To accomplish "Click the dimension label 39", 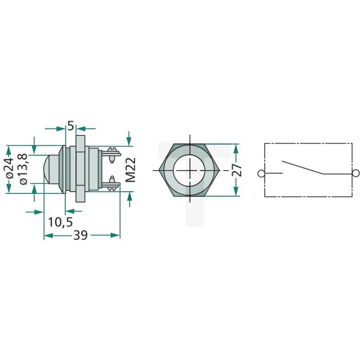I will [81, 235].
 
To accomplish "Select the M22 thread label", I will [130, 169].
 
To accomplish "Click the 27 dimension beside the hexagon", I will [238, 169].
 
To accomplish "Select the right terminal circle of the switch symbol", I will [355, 174].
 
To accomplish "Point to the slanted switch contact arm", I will [302, 167].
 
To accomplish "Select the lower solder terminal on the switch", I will [113, 181].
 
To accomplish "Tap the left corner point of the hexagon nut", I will [160, 169].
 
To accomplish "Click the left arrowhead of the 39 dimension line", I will [47, 235].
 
